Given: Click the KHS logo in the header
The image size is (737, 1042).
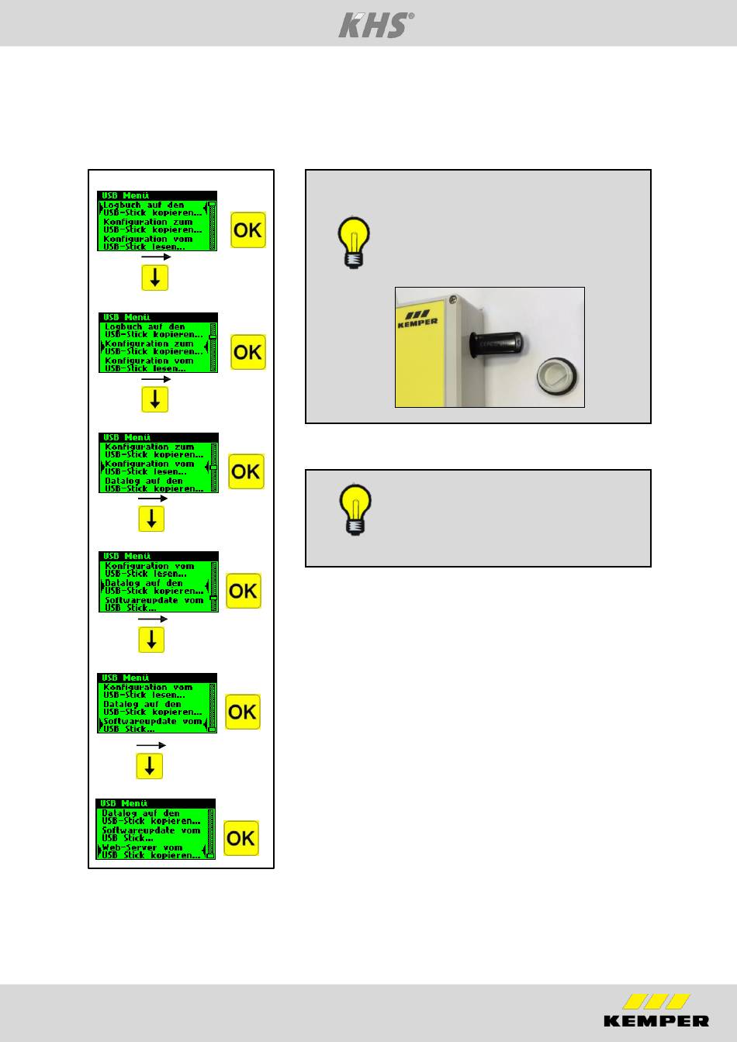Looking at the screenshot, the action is pos(375,25).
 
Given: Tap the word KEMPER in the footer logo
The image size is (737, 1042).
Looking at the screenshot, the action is pos(656,1020).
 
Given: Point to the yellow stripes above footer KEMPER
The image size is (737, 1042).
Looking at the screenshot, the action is pos(656,1002).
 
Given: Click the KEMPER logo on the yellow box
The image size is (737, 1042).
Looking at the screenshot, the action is pos(417,318).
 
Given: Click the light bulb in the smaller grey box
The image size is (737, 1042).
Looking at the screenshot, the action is pos(356,509).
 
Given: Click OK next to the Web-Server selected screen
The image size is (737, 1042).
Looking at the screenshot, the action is pos(241,838).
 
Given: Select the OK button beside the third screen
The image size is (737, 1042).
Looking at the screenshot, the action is pos(246,471).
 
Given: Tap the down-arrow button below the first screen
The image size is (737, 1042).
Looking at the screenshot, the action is pos(155,278).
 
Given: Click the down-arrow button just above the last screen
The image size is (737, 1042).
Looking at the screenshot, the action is pos(150,766).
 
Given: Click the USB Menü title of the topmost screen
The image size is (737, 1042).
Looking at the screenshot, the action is pos(126,196).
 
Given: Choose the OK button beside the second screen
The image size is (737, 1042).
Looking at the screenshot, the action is pos(248,352).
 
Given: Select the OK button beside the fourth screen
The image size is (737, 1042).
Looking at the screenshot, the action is pos(244,591).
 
